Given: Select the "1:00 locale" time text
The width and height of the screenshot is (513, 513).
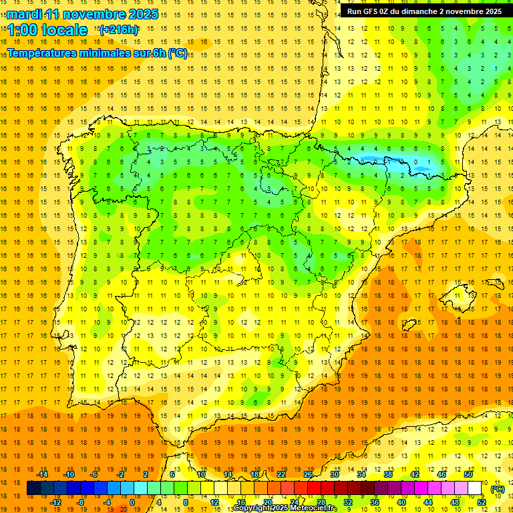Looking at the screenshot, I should coord(47,30).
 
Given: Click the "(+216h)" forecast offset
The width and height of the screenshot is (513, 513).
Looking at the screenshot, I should coord(119,30).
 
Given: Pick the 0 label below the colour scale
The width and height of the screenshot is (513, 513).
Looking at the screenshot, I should coord(132,502).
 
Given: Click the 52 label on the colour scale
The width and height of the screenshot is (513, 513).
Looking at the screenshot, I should coord(482,502).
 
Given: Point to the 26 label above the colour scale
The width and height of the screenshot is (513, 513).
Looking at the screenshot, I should coord(308,474).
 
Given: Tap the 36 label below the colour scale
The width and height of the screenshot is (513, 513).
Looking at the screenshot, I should coord(374,502).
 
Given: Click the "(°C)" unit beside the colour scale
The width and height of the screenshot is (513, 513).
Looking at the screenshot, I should coord(498,489).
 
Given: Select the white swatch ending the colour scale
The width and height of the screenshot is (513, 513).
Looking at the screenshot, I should coord(475,489).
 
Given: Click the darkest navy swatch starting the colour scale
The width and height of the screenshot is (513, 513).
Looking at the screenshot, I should coord(33,489).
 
